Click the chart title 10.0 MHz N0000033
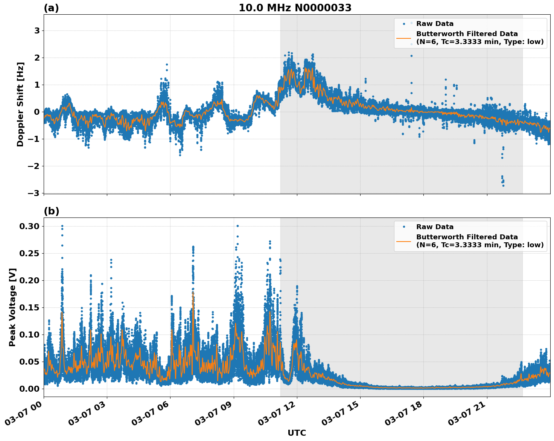(295, 8)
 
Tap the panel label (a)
(51, 8)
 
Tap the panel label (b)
(51, 211)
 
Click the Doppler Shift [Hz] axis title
(20, 104)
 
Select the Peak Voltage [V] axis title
(12, 307)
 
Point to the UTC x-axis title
(297, 433)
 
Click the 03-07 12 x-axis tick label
(278, 414)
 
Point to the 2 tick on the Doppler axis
(37, 58)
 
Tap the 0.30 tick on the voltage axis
(29, 226)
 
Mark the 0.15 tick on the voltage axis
(29, 307)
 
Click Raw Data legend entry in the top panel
(435, 24)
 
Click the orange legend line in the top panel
(404, 38)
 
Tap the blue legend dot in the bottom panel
(404, 227)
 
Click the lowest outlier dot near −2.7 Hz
(503, 186)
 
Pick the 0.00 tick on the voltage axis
(29, 389)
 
